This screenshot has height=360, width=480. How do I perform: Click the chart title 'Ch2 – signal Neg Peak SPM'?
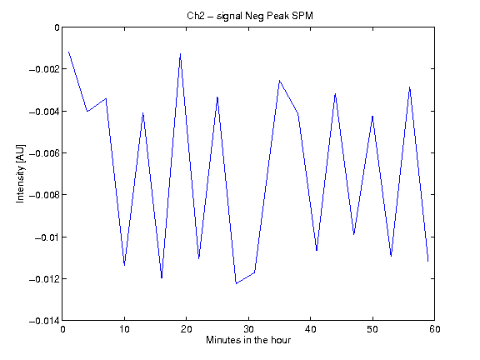(x=250, y=16)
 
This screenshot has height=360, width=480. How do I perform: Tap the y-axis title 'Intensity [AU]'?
(x=20, y=173)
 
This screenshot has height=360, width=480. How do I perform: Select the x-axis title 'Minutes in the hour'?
(x=248, y=340)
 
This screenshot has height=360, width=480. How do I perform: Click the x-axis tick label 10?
(x=124, y=329)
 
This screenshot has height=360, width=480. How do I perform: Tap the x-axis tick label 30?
(x=248, y=329)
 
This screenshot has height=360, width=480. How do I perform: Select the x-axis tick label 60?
(x=435, y=329)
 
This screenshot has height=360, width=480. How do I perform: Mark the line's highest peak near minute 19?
(x=180, y=54)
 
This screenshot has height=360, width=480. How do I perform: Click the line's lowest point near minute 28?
(x=236, y=283)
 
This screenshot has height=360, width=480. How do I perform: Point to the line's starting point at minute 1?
(x=68, y=52)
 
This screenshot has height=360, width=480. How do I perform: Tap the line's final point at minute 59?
(x=428, y=261)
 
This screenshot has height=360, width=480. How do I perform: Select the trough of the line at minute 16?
(x=162, y=277)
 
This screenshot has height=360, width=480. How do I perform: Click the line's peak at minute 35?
(x=279, y=81)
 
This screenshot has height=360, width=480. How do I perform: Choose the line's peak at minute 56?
(x=410, y=87)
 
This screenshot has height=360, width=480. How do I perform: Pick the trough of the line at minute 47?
(x=354, y=234)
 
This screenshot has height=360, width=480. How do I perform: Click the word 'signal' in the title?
(x=229, y=17)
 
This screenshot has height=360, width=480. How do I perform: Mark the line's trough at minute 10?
(x=124, y=265)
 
